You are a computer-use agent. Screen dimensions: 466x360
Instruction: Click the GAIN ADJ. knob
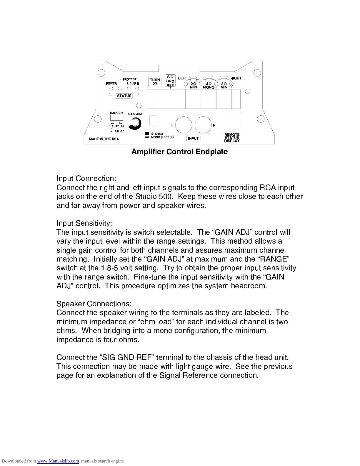[x=136, y=123]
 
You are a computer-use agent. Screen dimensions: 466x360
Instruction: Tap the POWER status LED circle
[x=111, y=89]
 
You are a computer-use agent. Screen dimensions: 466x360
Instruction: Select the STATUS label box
[x=124, y=96]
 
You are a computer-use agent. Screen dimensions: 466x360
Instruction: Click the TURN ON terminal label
[x=155, y=81]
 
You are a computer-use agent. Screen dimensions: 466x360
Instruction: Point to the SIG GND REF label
[x=170, y=81]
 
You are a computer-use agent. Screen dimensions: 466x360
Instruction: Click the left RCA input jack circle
[x=184, y=125]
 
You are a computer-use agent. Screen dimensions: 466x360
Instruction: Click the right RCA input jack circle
[x=203, y=125]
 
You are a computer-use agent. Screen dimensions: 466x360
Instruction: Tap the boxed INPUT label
[x=193, y=139]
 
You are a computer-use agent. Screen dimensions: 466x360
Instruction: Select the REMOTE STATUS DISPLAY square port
[x=232, y=122]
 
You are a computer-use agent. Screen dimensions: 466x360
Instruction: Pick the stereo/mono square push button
[x=154, y=120]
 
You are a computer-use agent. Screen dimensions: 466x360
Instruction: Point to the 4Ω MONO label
[x=209, y=86]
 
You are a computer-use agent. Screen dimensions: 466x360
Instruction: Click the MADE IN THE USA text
[x=104, y=139]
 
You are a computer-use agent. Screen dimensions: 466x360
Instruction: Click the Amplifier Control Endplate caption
[x=179, y=152]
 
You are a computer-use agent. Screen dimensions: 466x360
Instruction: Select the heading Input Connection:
[x=86, y=179]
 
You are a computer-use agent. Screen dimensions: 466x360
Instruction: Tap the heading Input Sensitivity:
[x=84, y=223]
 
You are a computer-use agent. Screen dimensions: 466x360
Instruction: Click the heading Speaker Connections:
[x=94, y=304]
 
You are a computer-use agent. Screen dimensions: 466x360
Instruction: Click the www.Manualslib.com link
[x=58, y=461]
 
